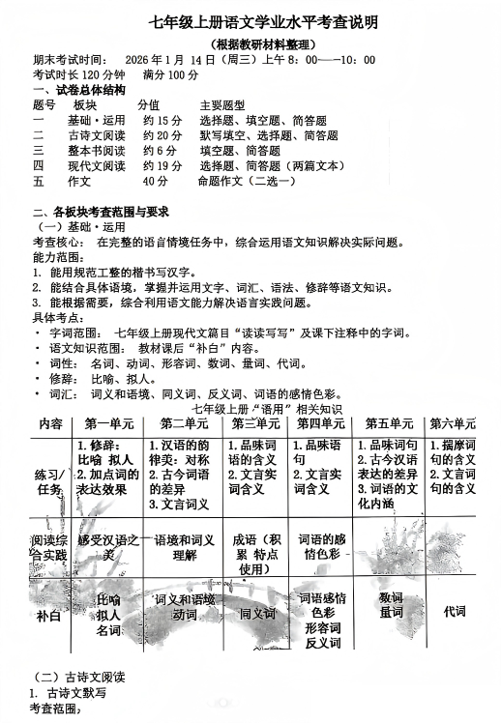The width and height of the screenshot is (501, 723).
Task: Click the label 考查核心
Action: click(x=59, y=242)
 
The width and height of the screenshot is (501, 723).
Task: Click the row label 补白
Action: click(x=49, y=616)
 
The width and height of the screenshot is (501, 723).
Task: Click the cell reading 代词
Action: click(x=454, y=611)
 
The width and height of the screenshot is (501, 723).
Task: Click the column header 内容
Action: click(x=49, y=424)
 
